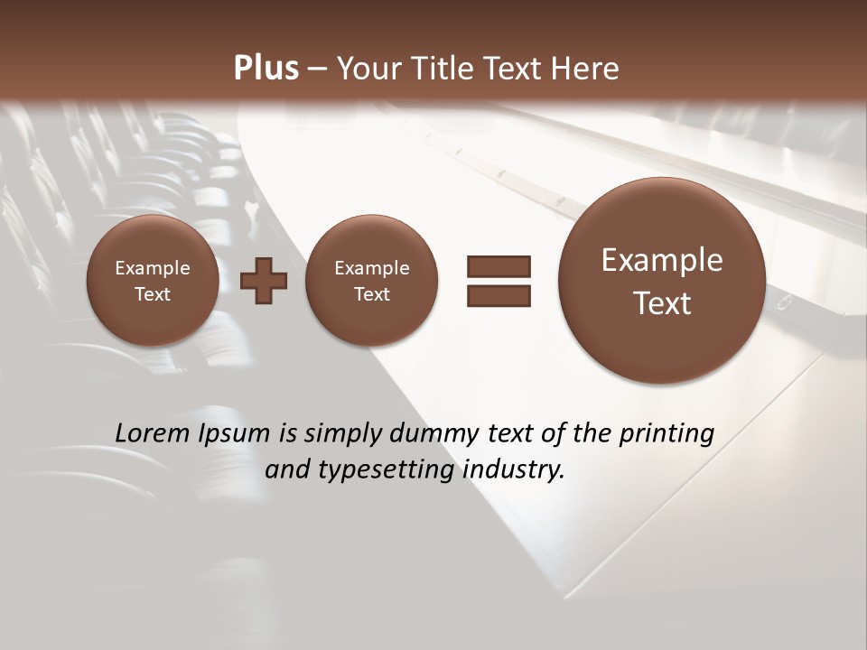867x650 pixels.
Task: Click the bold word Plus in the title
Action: pos(266,69)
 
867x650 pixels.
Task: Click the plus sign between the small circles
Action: pos(264,281)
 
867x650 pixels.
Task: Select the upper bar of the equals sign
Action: pos(499,266)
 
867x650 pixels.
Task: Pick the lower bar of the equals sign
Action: pos(499,296)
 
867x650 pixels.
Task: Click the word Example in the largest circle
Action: pos(662,260)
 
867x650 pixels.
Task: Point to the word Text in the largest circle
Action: pos(662,303)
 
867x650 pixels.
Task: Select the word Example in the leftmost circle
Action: pos(153,268)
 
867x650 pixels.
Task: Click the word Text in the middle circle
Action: pos(371,294)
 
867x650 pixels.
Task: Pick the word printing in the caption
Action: pos(669,433)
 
